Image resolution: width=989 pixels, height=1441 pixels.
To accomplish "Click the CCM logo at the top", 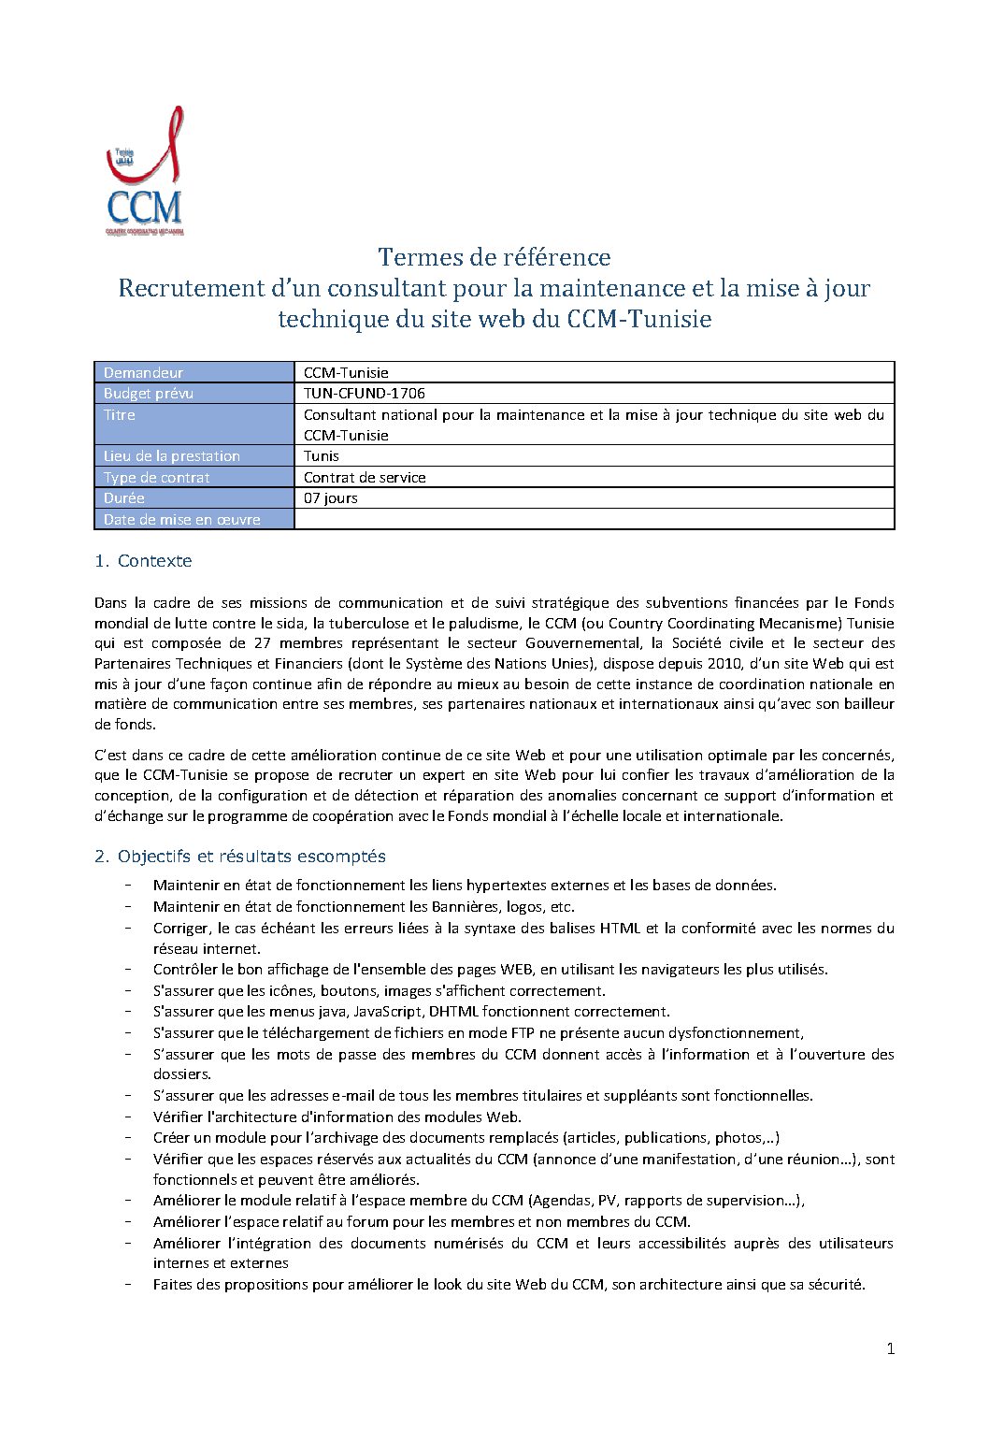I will pos(144,173).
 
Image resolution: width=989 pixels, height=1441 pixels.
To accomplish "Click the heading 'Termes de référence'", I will pos(494,257).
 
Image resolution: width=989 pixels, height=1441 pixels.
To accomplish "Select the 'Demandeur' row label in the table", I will pos(143,372).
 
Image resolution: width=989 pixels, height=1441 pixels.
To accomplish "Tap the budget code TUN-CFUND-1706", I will pos(365,394).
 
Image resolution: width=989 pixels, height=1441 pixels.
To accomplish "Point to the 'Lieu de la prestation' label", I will pos(172,456).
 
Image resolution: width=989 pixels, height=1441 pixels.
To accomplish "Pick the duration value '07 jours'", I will pos(331,498).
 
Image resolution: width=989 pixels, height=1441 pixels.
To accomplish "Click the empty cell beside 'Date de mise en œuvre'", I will pos(594,519).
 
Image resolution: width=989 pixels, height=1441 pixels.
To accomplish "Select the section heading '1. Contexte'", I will pos(143,561).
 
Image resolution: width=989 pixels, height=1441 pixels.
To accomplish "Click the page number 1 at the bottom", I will pos(890,1348).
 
